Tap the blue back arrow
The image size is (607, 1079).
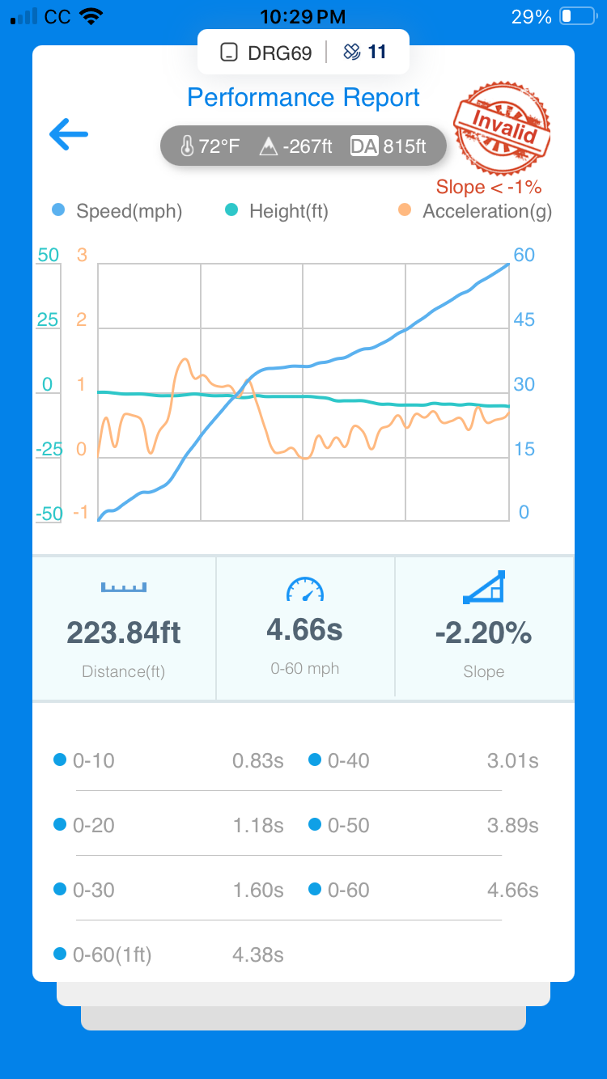(x=69, y=134)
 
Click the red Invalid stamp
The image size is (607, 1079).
(x=502, y=128)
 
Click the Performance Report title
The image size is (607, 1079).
(x=303, y=98)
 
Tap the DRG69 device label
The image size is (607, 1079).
(x=280, y=53)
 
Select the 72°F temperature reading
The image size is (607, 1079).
(x=210, y=146)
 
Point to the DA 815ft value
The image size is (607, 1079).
(x=388, y=146)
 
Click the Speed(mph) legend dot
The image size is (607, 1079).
(x=58, y=210)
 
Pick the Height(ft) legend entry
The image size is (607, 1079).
(x=277, y=211)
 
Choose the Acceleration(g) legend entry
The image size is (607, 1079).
(x=475, y=211)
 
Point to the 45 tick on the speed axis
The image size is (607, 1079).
(x=524, y=319)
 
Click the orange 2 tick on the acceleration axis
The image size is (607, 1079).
(x=82, y=319)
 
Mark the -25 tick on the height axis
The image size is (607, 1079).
(x=49, y=449)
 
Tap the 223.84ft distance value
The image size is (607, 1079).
(x=124, y=633)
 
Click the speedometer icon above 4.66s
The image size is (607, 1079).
(x=305, y=589)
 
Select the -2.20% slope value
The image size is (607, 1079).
(x=483, y=633)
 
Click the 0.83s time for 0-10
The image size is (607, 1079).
(x=258, y=760)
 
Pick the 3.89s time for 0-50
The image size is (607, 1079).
(x=512, y=825)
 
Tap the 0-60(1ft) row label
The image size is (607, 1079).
(x=112, y=954)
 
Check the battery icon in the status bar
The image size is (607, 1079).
(x=578, y=16)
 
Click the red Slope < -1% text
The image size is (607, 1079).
(x=489, y=187)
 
